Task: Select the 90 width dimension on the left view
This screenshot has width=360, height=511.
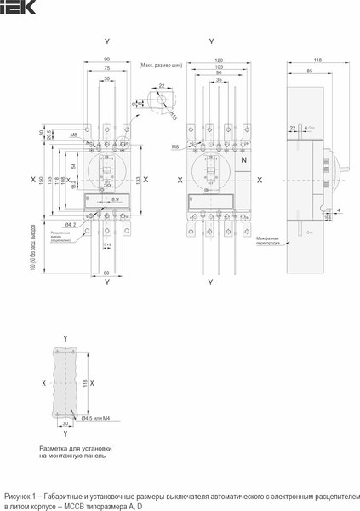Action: coord(106,59)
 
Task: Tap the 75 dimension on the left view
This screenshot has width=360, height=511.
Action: coord(106,67)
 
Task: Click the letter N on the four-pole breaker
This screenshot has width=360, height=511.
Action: coord(244,160)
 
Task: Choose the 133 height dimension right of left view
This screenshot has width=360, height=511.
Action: coord(137,180)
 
